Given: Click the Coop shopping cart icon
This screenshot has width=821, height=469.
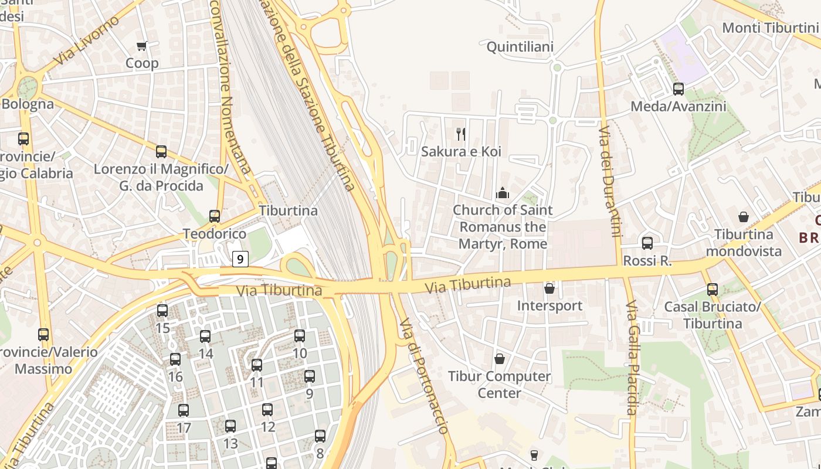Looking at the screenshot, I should (x=141, y=46).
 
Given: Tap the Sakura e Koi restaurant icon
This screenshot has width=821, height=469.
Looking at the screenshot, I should (x=461, y=134).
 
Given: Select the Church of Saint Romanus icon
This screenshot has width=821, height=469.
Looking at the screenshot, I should (x=503, y=193).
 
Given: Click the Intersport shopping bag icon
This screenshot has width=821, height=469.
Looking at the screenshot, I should (x=549, y=288).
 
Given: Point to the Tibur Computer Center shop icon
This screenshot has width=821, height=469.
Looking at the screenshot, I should (x=500, y=359).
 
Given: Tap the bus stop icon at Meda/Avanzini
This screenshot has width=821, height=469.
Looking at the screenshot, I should (x=678, y=89).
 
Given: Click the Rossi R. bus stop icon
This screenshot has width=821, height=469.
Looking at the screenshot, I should (x=647, y=243).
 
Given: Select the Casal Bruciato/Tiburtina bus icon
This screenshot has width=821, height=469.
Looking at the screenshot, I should (x=713, y=290).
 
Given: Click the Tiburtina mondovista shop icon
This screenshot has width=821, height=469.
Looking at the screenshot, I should (x=744, y=217).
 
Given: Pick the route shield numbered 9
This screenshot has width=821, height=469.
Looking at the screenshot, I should (x=240, y=259).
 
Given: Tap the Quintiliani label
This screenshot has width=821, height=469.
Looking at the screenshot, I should (x=520, y=46).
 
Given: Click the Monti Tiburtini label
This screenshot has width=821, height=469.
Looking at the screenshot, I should (x=769, y=28).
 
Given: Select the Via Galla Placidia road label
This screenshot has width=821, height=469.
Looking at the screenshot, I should (x=631, y=358).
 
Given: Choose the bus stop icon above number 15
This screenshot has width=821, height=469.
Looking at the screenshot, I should (x=162, y=311).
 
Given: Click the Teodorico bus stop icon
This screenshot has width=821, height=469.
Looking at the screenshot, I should (x=215, y=216).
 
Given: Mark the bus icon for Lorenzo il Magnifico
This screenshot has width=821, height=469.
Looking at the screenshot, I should (x=161, y=152).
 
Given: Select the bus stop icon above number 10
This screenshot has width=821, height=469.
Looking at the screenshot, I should (x=300, y=336).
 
